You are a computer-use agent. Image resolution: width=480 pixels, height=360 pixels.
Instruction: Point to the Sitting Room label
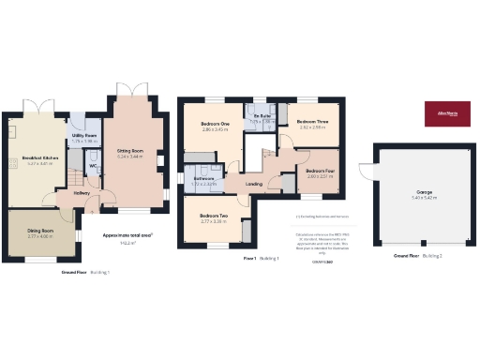click(129, 150)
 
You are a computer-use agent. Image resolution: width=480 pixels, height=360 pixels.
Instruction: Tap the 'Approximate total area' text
click(127, 236)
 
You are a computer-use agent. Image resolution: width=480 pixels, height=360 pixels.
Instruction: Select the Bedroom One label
click(216, 124)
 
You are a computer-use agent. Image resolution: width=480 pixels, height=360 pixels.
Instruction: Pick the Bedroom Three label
click(312, 122)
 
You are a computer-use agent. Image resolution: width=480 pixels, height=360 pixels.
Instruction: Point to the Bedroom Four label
click(321, 171)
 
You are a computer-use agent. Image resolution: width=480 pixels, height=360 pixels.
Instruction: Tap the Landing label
click(254, 184)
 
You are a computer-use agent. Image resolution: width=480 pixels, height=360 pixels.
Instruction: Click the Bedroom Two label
click(214, 217)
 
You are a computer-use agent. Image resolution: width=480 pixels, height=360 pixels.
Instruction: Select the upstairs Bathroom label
click(204, 178)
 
